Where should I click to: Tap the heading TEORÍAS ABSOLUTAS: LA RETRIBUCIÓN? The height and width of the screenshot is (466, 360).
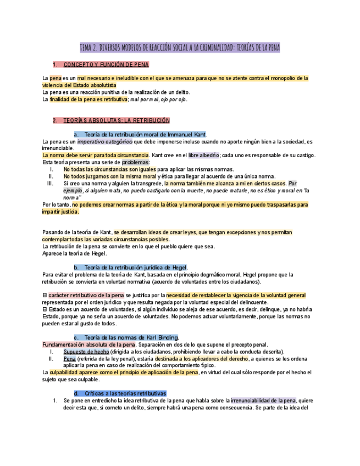tap(117, 120)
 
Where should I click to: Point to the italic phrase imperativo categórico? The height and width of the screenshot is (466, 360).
tap(109, 141)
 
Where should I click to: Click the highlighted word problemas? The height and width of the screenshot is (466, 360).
tap(135, 163)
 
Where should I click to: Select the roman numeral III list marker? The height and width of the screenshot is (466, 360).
tap(50, 184)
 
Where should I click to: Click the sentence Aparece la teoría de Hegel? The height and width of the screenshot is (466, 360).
tap(74, 253)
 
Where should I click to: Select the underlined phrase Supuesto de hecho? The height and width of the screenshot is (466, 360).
tap(86, 352)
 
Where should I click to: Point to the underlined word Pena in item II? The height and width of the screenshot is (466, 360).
tap(69, 359)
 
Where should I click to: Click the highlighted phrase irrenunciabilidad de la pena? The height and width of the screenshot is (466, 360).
tap(263, 401)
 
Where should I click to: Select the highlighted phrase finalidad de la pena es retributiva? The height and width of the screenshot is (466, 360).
tap(88, 99)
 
